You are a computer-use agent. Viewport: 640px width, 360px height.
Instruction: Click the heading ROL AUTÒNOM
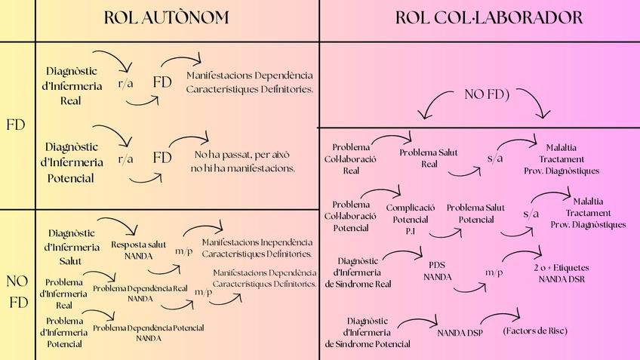pyautogui.click(x=166, y=17)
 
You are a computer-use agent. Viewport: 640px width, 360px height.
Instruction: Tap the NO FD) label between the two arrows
pyautogui.click(x=487, y=94)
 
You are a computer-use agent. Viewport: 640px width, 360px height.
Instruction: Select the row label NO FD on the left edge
pyautogui.click(x=17, y=292)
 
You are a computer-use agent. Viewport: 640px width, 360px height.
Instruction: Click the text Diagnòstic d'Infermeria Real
pyautogui.click(x=72, y=85)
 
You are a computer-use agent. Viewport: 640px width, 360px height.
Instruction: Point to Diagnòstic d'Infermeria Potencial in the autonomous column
pyautogui.click(x=74, y=162)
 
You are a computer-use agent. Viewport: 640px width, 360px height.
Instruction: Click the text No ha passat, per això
pyautogui.click(x=242, y=155)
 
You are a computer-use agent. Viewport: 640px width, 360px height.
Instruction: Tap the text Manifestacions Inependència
pyautogui.click(x=257, y=242)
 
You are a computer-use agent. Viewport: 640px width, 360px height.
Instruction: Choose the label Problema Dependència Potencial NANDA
pyautogui.click(x=149, y=333)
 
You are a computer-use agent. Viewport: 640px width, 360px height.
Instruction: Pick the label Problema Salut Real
pyautogui.click(x=429, y=158)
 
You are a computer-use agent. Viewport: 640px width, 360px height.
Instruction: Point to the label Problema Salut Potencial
pyautogui.click(x=475, y=214)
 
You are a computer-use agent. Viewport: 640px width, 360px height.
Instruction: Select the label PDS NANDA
pyautogui.click(x=437, y=271)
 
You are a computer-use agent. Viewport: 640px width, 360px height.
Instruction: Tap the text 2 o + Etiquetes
pyautogui.click(x=562, y=268)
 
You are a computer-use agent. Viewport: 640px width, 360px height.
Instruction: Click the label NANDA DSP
pyautogui.click(x=460, y=331)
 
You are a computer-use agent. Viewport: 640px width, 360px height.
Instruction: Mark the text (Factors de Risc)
pyautogui.click(x=534, y=331)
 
